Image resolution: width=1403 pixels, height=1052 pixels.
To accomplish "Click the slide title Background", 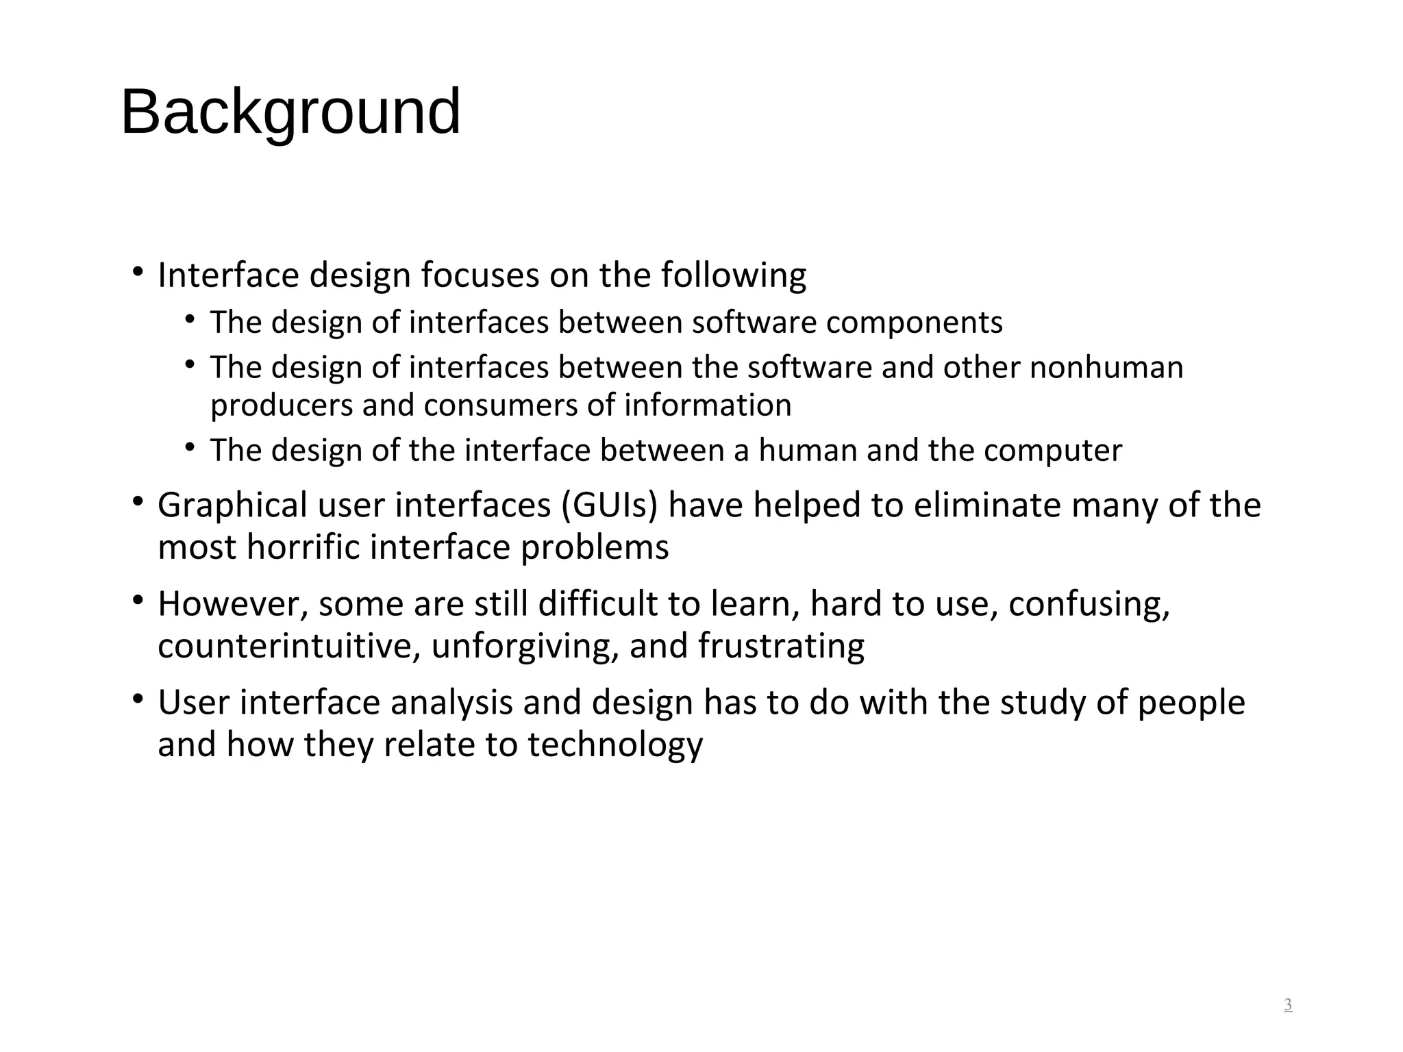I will click(290, 112).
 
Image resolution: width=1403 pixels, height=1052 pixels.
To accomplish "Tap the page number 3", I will click(1288, 1005).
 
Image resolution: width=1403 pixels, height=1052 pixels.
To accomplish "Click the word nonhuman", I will click(1106, 368).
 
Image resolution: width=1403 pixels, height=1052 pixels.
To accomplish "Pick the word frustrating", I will click(781, 646).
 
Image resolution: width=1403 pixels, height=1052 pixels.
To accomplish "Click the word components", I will click(914, 323).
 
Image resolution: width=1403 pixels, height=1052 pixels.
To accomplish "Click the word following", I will click(733, 275).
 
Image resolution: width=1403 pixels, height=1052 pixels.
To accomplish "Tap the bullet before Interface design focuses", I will click(138, 272).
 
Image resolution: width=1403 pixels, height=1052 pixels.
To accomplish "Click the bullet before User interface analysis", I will click(138, 699).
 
